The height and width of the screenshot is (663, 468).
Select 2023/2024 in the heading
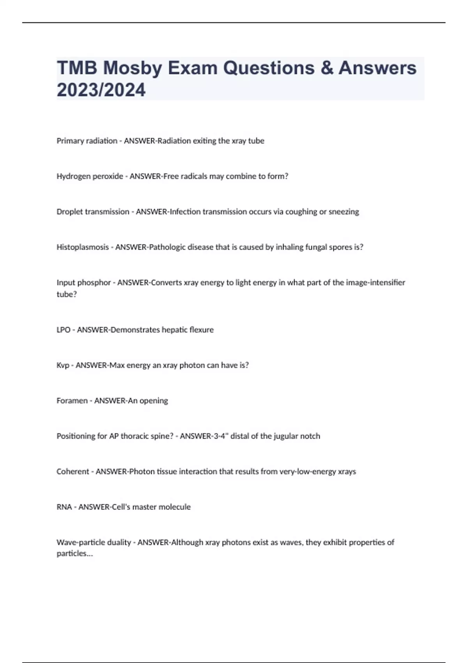[x=101, y=90]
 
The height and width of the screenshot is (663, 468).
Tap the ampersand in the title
[x=327, y=68]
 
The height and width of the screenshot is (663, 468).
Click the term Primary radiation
[x=87, y=141]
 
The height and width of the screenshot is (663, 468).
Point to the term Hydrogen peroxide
[x=90, y=176]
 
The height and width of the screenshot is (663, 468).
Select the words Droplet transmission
[x=93, y=212]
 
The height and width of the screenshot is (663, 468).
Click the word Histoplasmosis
[x=83, y=247]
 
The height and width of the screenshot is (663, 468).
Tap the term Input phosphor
[x=83, y=283]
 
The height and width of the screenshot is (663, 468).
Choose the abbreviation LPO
[x=64, y=330]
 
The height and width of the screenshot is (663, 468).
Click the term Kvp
[x=63, y=365]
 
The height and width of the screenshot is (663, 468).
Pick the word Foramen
[x=72, y=401]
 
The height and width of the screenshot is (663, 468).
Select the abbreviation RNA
[x=64, y=507]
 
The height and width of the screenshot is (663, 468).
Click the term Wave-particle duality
[x=94, y=542]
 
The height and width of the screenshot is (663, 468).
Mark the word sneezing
[x=344, y=212]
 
